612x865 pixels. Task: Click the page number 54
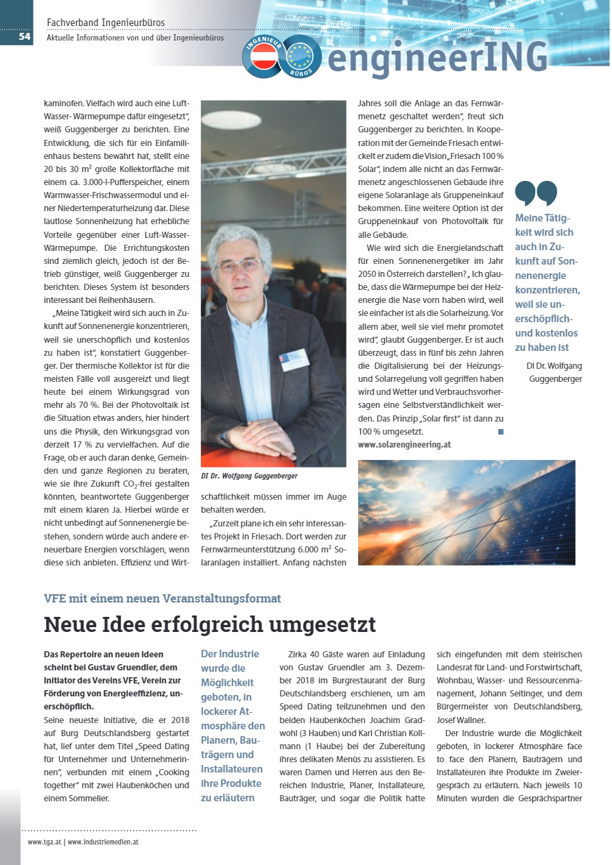24,36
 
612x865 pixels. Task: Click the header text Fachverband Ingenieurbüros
106,23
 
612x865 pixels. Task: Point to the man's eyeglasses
239,265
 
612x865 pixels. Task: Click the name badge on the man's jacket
294,358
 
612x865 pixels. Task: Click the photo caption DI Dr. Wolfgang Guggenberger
250,476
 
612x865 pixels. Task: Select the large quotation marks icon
536,193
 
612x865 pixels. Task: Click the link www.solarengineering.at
404,444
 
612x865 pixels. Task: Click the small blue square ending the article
500,432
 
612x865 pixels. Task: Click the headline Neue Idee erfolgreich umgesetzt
210,624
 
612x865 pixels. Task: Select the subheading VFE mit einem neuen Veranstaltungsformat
162,598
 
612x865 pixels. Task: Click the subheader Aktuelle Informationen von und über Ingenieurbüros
135,38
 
